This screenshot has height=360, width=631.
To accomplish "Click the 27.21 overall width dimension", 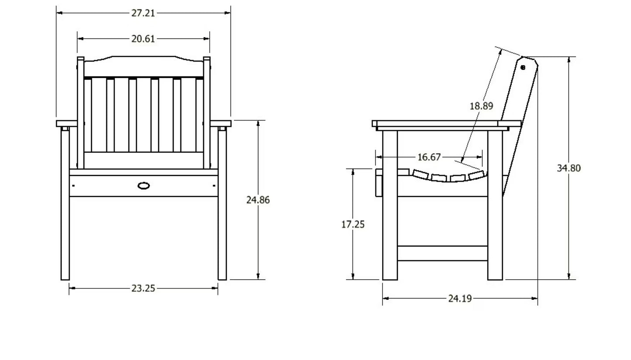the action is (143, 13).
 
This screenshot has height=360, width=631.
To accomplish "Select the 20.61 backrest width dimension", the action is (143, 39).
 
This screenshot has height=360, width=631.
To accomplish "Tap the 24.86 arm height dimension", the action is (258, 200).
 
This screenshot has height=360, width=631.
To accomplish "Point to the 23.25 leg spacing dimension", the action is (143, 288).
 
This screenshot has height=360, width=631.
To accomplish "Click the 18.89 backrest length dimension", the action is (481, 106).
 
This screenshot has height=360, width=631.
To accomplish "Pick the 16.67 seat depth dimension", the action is (429, 157).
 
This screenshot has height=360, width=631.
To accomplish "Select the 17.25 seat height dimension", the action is (353, 224).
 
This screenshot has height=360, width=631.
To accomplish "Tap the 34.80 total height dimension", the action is (569, 168).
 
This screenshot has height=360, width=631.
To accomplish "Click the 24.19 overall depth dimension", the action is (460, 298).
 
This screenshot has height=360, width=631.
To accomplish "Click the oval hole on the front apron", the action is (144, 185).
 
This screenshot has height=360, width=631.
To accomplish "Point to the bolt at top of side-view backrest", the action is (523, 68).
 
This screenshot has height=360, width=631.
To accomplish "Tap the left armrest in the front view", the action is (66, 123).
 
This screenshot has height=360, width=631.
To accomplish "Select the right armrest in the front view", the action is (221, 123).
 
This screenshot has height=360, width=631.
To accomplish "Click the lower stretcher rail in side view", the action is (442, 254).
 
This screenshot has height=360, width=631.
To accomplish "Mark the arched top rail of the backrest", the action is (144, 66).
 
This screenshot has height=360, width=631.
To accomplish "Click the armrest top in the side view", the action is (446, 123).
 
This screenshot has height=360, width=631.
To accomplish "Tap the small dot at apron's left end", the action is (73, 185).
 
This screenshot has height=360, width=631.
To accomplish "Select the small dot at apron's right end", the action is (214, 185).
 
